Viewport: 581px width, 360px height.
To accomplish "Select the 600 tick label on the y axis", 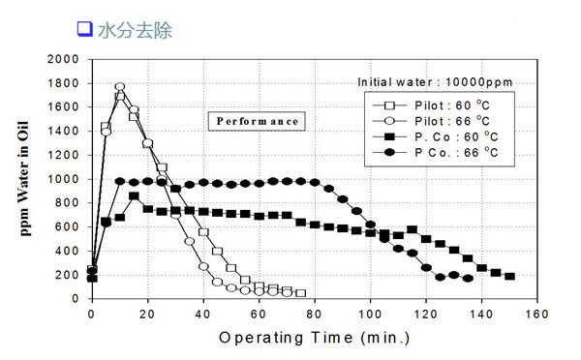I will (67, 226).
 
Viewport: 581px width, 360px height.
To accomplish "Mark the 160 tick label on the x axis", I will (537, 315).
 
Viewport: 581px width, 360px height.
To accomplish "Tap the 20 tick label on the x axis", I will (147, 315).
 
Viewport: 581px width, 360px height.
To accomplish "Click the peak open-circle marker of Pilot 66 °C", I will (120, 87).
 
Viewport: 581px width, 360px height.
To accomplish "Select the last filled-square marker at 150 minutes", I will (509, 276).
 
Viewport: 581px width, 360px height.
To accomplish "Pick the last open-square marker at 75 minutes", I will (300, 292).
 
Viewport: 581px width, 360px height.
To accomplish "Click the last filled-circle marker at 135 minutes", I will (468, 278).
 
